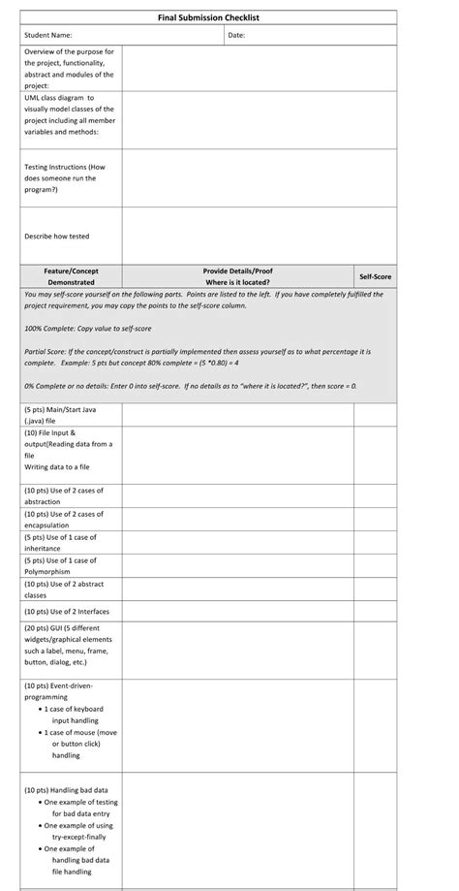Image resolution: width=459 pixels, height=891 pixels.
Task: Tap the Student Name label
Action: [48, 36]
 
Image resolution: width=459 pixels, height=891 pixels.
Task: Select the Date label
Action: [236, 36]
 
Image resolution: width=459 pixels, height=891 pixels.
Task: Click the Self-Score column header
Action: [375, 276]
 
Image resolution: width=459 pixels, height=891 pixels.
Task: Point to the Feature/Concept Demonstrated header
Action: [71, 276]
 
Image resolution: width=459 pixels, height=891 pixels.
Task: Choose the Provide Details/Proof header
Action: [237, 276]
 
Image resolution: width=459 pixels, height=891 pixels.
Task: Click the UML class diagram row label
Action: [69, 114]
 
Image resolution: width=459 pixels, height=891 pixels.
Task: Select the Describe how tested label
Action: [57, 236]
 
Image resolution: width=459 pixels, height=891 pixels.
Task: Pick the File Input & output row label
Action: [68, 449]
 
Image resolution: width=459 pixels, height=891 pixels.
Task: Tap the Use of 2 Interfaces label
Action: [67, 611]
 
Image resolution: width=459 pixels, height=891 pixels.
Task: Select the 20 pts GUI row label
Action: [69, 645]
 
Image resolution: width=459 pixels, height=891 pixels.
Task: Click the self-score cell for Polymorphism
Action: [375, 565]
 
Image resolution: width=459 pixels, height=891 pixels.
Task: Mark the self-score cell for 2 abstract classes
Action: [375, 589]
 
